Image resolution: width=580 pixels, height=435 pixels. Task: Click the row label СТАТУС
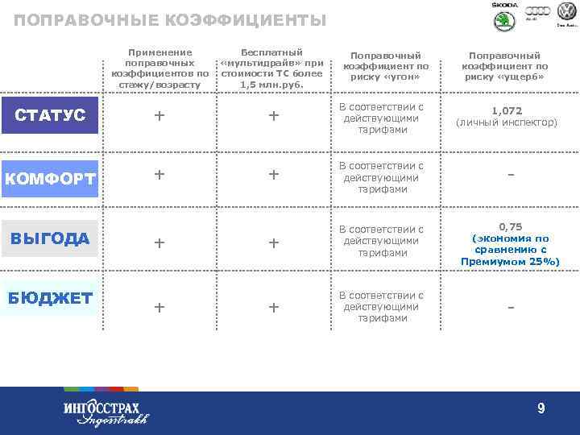[50, 115]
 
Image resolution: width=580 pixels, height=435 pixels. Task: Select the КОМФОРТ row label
[50, 178]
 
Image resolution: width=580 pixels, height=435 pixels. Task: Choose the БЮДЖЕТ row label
[50, 298]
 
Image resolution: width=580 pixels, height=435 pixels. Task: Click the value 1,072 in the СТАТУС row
[506, 110]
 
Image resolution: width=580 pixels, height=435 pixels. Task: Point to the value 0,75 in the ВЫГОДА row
[510, 228]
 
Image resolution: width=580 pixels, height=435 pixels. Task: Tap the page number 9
[541, 409]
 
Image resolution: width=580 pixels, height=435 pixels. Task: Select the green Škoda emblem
[503, 22]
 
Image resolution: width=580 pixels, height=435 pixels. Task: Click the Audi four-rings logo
[537, 11]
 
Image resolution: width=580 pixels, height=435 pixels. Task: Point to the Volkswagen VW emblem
[567, 11]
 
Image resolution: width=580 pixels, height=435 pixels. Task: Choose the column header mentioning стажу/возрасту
[159, 68]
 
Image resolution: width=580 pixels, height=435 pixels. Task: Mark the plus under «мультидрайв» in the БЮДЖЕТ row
[273, 307]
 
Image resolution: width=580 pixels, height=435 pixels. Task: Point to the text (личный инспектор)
[506, 122]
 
